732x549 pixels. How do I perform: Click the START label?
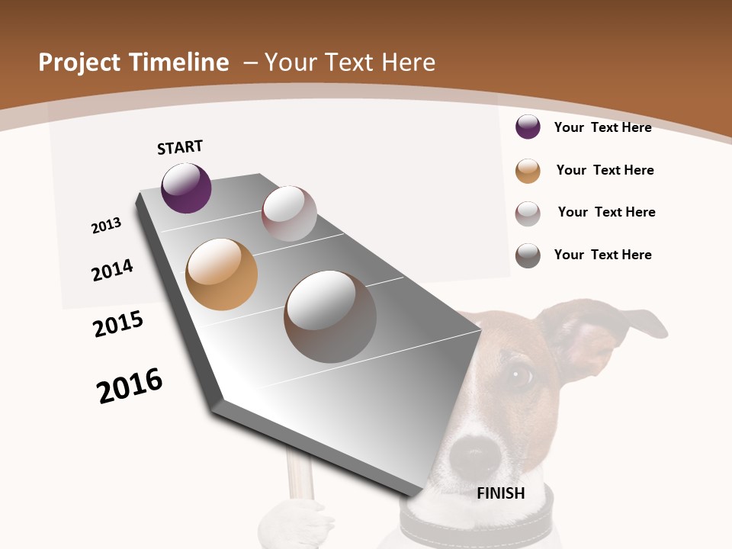180,147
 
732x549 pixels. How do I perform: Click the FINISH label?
501,493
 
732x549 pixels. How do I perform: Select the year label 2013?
107,226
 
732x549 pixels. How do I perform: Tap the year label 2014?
112,270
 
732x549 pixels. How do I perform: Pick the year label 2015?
118,324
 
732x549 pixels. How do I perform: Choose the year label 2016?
130,386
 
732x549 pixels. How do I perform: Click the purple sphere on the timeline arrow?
186,188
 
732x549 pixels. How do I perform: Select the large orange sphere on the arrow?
222,274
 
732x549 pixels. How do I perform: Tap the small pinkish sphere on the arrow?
289,213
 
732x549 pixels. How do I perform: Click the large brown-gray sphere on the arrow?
330,316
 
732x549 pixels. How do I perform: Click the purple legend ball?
528,127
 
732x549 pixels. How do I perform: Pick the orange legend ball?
528,171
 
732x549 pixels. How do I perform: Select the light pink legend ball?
528,213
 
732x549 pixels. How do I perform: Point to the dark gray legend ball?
528,255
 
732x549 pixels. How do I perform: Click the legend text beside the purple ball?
602,127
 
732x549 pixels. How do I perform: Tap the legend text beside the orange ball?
605,170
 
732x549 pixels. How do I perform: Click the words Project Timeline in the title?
133,63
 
